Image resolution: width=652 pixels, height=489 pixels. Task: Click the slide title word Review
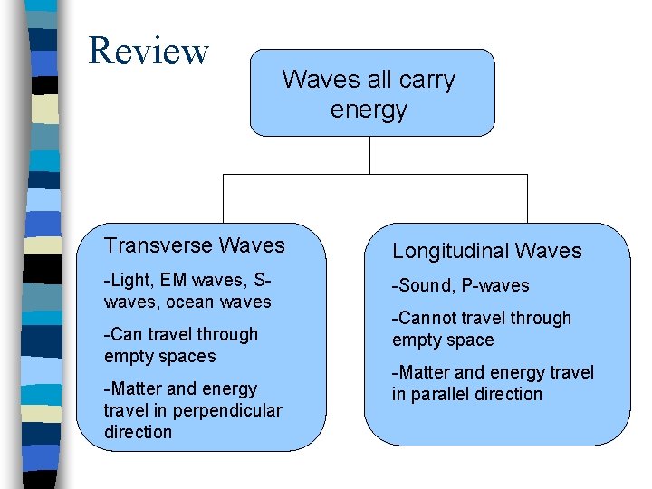[149, 51]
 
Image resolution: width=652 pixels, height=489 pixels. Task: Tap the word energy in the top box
[369, 110]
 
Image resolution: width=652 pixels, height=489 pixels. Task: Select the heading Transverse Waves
[195, 245]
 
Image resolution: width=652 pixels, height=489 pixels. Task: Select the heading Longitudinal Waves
[486, 251]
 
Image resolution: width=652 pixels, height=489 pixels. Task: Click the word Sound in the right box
[424, 285]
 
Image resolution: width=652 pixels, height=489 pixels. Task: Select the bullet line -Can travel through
[181, 334]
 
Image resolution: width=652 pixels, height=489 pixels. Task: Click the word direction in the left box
[138, 432]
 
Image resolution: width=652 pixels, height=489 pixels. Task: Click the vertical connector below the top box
[369, 155]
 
